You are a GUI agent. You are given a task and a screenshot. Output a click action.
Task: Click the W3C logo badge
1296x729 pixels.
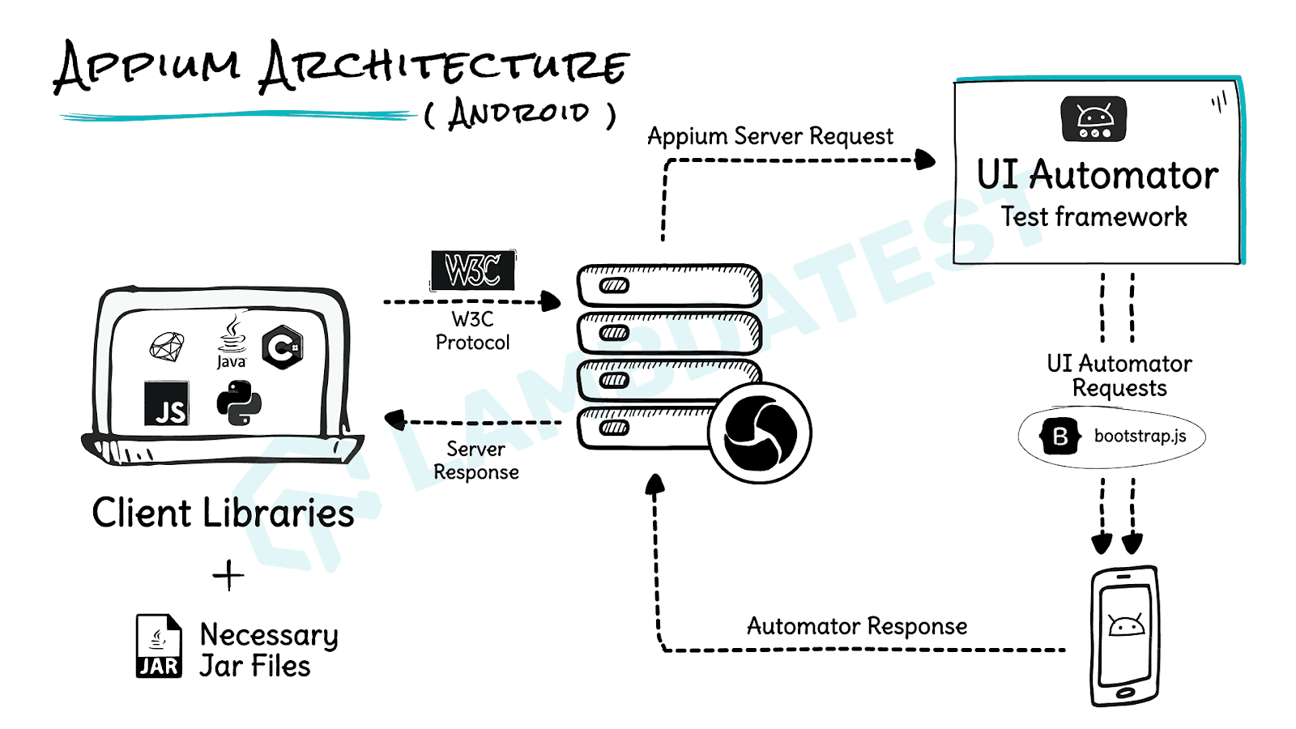coord(473,271)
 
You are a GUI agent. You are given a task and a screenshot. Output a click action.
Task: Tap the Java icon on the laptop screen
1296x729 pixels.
coord(232,342)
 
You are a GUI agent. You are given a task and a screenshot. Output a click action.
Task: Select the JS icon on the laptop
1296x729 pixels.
coord(166,403)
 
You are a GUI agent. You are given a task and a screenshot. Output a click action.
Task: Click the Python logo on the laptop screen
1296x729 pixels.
coord(239,403)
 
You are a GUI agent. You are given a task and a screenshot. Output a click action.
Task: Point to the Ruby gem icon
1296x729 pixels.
coord(167,347)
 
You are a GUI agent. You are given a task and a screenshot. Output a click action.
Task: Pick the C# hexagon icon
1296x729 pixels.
coord(283,348)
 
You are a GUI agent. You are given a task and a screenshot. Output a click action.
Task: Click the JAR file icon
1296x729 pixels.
coord(158,646)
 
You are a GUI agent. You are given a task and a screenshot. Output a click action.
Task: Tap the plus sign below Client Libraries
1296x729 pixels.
coord(228,575)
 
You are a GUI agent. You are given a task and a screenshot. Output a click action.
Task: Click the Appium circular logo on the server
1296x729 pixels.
coord(759,433)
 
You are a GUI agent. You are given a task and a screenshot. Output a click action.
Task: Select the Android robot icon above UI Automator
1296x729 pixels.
coord(1093,119)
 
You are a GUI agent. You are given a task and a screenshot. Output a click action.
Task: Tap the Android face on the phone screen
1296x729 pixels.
coord(1126,625)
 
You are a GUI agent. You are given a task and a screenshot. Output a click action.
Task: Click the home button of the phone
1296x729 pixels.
coord(1125,693)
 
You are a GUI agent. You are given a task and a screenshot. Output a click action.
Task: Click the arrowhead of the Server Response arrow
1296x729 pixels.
coord(394,420)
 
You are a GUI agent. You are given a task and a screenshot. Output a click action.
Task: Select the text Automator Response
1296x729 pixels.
coord(856,626)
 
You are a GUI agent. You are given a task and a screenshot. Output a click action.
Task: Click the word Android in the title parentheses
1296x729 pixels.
coord(519,113)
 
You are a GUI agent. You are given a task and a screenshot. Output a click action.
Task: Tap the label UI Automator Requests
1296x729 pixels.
coord(1119,376)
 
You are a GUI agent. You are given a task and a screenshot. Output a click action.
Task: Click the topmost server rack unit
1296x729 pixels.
coord(669,285)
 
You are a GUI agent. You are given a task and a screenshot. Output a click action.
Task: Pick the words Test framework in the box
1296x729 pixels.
coord(1093,217)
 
